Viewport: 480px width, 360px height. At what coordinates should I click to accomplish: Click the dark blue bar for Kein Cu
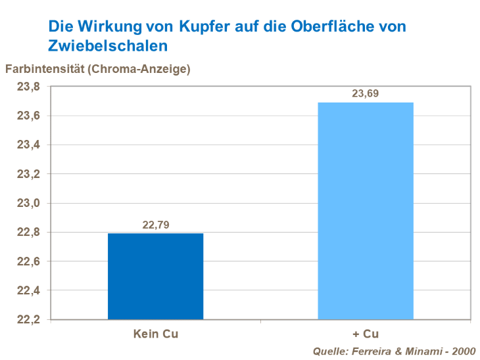(x=155, y=276)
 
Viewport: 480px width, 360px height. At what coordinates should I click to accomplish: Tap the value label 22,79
(x=155, y=225)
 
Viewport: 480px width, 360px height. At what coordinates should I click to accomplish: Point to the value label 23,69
(x=366, y=94)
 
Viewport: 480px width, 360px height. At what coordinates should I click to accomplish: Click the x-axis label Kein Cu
(x=155, y=334)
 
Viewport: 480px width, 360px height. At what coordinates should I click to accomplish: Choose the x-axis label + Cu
(x=366, y=334)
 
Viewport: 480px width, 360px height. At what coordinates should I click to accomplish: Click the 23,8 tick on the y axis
(x=28, y=87)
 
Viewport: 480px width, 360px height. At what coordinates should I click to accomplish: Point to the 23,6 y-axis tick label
(x=28, y=116)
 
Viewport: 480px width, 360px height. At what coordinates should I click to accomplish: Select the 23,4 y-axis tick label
(x=28, y=145)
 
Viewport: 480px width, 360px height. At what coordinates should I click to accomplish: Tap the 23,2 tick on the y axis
(x=28, y=174)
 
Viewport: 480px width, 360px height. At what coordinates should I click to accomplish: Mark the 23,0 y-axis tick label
(x=28, y=203)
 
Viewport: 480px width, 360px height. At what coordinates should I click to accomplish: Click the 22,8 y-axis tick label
(x=28, y=232)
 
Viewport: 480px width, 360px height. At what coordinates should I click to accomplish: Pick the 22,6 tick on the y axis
(x=28, y=261)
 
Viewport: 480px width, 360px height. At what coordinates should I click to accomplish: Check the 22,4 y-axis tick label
(x=28, y=290)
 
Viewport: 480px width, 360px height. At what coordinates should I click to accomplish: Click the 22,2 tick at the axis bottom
(x=28, y=319)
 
